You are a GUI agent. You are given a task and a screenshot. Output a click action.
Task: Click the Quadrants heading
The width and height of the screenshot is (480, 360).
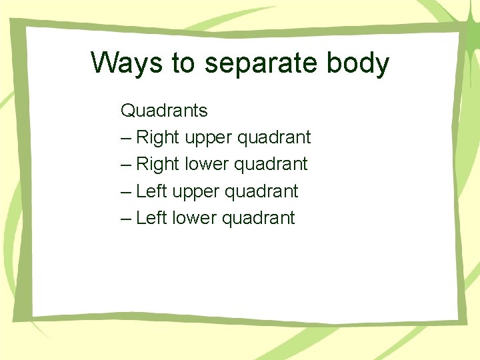[x=164, y=110]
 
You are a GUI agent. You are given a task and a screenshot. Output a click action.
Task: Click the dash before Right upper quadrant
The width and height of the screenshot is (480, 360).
[x=127, y=138]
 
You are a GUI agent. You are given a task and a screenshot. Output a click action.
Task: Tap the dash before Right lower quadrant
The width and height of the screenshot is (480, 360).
[x=127, y=165]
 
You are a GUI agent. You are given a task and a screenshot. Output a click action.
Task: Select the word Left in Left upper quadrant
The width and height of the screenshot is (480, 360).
[x=151, y=191]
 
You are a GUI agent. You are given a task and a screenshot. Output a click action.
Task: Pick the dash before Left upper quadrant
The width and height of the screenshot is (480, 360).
[x=127, y=192]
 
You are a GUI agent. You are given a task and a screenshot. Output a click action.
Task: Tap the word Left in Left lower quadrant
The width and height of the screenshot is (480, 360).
[x=151, y=218]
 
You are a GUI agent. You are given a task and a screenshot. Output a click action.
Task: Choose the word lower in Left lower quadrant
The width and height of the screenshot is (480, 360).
[x=195, y=218]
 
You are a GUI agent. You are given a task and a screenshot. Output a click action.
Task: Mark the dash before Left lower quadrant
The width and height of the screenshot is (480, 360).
[x=127, y=219]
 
